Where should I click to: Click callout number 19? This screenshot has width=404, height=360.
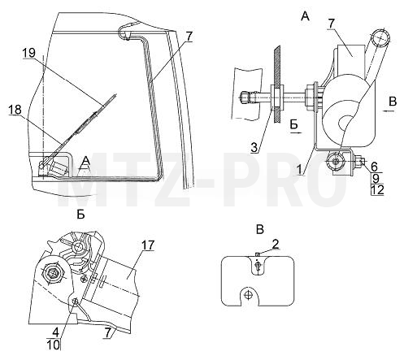click(x=29, y=53)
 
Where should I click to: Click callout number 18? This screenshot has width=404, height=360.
click(x=15, y=110)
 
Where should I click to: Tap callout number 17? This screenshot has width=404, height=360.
click(x=147, y=245)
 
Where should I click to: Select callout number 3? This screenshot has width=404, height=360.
click(x=254, y=148)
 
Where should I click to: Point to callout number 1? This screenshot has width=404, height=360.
click(x=299, y=170)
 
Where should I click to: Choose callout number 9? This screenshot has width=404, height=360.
click(x=376, y=179)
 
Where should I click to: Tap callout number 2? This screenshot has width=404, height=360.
click(x=275, y=244)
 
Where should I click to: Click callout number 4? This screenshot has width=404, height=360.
click(x=55, y=332)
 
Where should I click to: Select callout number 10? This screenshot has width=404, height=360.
click(x=53, y=345)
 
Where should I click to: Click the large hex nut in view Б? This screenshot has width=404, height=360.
click(x=54, y=272)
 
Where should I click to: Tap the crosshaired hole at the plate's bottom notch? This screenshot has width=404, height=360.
click(x=248, y=294)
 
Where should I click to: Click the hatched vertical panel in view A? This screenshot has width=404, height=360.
click(x=277, y=85)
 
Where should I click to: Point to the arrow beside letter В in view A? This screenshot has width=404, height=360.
click(x=389, y=111)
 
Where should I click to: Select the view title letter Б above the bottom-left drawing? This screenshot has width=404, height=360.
click(x=80, y=215)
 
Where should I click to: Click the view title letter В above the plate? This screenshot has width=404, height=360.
click(x=260, y=230)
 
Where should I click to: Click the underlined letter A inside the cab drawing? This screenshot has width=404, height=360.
click(x=86, y=162)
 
